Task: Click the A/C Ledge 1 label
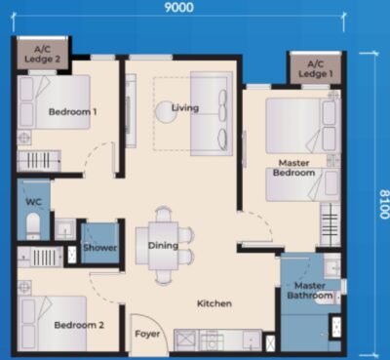click(x=313, y=70)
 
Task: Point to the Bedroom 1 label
click(x=73, y=111)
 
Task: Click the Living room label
click(x=185, y=107)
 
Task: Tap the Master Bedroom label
click(x=295, y=167)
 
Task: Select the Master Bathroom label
click(x=310, y=291)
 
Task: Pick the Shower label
click(x=100, y=248)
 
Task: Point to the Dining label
click(x=163, y=246)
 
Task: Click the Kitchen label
click(x=214, y=303)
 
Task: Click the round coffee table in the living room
click(x=162, y=113)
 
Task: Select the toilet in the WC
click(x=32, y=228)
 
